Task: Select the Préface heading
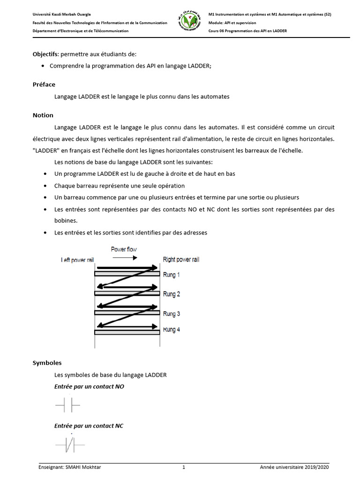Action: click(x=44, y=84)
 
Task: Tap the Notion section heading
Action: click(x=43, y=115)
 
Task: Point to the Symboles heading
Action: click(x=47, y=363)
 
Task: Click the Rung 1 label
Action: click(x=171, y=275)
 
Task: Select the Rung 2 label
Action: click(x=171, y=294)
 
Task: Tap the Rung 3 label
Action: click(x=171, y=314)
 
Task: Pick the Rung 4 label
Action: click(x=171, y=330)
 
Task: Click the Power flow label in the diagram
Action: click(x=124, y=249)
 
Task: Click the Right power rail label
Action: click(x=181, y=260)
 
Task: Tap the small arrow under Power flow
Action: click(x=124, y=258)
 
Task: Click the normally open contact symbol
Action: click(x=67, y=404)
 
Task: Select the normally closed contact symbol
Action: click(x=69, y=443)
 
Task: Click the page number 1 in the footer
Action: click(x=184, y=467)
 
